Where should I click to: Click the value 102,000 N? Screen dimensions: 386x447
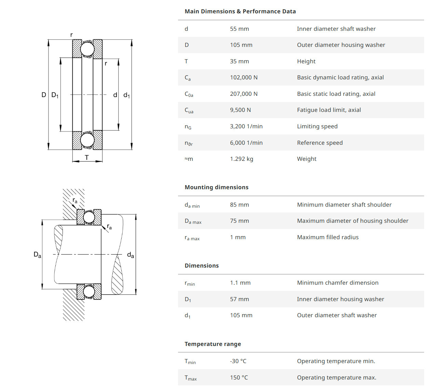(244, 77)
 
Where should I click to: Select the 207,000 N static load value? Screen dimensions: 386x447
(244, 94)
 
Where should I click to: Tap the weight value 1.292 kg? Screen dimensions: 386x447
(242, 159)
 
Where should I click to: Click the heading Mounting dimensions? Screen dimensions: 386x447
(216, 187)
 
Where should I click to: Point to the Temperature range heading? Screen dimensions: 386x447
(213, 344)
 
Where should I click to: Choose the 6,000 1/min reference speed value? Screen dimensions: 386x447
(246, 143)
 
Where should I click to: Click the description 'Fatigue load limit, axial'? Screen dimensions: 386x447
(329, 110)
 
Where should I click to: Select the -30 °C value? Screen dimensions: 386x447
(238, 361)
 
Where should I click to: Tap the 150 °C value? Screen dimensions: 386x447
(239, 377)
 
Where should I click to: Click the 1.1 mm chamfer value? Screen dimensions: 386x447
(240, 283)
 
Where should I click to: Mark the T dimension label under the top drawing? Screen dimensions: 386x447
(87, 157)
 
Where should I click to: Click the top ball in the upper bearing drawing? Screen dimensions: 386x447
(87, 49)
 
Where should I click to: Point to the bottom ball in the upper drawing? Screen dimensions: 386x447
(87, 140)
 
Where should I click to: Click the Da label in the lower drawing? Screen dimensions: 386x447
(37, 255)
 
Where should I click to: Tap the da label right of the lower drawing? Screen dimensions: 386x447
(131, 255)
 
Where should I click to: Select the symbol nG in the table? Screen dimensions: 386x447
(188, 127)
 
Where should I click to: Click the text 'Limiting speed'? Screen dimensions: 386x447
(317, 126)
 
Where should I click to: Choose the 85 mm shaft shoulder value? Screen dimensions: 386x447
(239, 205)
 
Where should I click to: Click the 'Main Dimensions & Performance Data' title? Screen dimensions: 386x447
(240, 11)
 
